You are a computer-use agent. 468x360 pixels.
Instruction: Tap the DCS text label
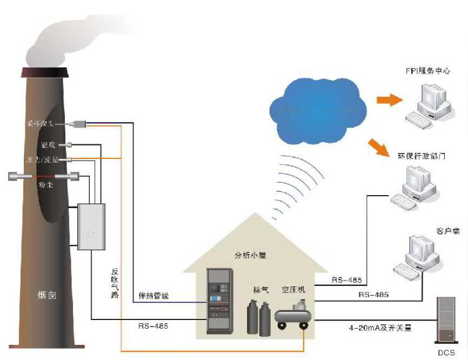click(x=446, y=353)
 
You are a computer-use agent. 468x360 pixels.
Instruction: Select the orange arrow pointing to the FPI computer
click(x=387, y=99)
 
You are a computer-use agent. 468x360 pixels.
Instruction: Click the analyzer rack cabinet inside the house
click(x=220, y=301)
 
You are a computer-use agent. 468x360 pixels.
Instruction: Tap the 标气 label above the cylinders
click(x=260, y=290)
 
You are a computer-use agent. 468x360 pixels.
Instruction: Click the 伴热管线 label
click(x=153, y=296)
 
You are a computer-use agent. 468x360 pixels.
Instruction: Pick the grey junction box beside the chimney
click(x=91, y=226)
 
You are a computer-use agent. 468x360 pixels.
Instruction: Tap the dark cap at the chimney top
click(x=45, y=72)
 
